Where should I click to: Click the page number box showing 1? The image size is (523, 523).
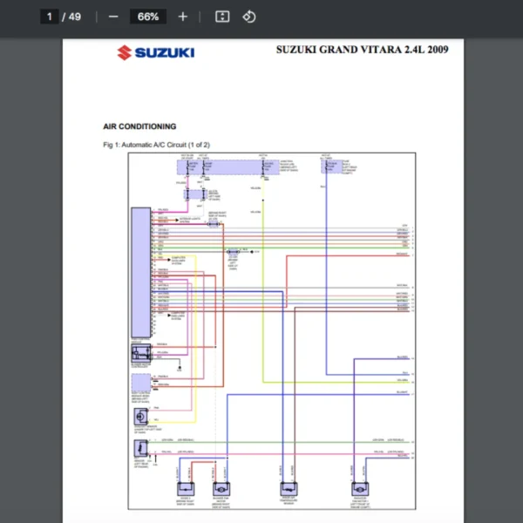[50, 17]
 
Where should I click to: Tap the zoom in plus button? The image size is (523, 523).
[182, 17]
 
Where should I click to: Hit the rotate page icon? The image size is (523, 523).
[248, 17]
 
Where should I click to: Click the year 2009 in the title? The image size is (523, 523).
[435, 50]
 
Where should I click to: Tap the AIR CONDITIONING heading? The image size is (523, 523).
[139, 126]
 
